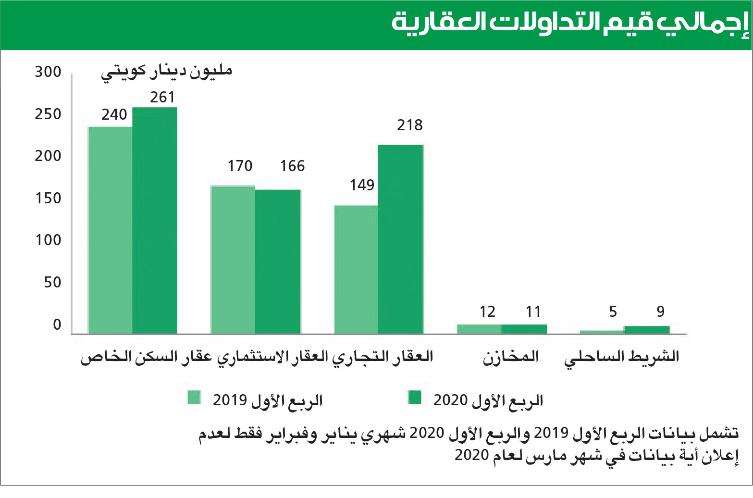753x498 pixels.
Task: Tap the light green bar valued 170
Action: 233,260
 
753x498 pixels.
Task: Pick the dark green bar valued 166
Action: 278,261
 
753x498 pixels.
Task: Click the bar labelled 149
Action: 356,269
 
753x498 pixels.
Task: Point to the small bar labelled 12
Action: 479,329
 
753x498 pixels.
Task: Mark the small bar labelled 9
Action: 646,329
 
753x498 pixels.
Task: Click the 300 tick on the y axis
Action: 48,72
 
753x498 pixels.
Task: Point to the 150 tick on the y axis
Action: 48,198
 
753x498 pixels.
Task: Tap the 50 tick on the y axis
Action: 52,282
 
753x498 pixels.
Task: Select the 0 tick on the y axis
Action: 57,325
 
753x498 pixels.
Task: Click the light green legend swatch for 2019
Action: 194,397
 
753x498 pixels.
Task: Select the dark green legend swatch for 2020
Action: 414,397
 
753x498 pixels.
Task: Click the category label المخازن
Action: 511,357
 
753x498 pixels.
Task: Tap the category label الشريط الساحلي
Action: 621,357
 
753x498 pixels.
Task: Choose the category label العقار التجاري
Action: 383,357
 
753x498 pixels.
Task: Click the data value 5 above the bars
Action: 613,311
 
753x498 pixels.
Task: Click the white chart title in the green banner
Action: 570,23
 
